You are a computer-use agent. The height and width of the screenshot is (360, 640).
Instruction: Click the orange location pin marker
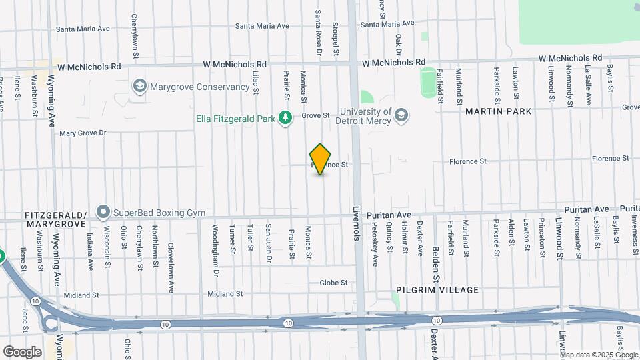click(x=321, y=159)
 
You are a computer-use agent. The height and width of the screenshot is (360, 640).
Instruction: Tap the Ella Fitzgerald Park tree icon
click(x=285, y=118)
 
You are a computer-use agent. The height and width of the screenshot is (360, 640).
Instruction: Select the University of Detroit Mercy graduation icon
click(x=401, y=115)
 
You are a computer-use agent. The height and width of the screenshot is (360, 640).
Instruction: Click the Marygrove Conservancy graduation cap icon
click(x=139, y=87)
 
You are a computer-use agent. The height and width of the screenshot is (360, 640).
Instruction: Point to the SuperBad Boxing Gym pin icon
click(x=103, y=212)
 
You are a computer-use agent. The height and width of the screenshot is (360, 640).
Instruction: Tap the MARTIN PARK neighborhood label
click(x=499, y=111)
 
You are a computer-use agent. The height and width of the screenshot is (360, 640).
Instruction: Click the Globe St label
click(x=333, y=283)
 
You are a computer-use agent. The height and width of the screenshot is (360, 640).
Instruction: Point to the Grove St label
click(x=315, y=115)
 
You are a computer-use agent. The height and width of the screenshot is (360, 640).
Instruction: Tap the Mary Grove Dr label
click(x=83, y=133)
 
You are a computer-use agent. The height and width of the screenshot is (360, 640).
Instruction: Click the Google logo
click(x=22, y=352)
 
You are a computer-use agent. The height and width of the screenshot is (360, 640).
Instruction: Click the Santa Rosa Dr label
click(x=319, y=33)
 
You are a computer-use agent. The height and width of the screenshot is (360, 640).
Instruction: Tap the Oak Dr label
click(x=399, y=45)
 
